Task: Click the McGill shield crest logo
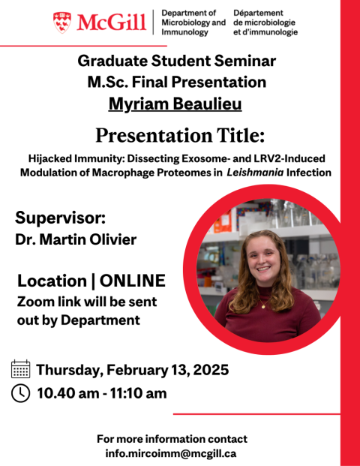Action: [x=62, y=23]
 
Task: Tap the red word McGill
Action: [x=112, y=23]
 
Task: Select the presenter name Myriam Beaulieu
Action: [x=175, y=104]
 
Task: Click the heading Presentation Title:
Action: [x=180, y=136]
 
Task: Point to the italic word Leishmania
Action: [x=255, y=173]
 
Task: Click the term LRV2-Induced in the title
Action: [x=289, y=158]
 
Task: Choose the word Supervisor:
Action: [x=60, y=218]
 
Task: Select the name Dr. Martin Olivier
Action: [x=76, y=239]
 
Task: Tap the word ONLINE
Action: [x=133, y=281]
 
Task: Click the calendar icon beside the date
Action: [x=20, y=368]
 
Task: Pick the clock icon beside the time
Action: [x=20, y=393]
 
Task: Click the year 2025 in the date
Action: [x=211, y=370]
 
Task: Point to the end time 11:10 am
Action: [x=139, y=393]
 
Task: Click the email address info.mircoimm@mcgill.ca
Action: [x=171, y=453]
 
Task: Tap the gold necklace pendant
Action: [x=262, y=306]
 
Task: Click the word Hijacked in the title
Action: [x=50, y=158]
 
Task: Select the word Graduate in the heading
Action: [x=112, y=61]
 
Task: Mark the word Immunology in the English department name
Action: [x=184, y=32]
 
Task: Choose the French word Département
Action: [x=259, y=13]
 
